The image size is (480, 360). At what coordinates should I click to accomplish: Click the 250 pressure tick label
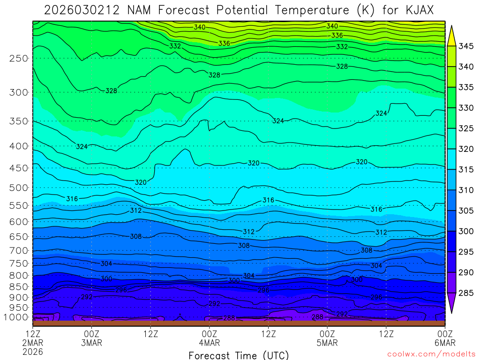[19, 59]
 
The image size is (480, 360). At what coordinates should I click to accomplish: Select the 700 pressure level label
[19, 250]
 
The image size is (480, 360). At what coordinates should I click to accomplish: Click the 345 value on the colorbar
[466, 46]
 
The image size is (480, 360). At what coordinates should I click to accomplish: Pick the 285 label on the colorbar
[466, 293]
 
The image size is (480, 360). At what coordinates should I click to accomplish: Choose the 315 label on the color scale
[466, 169]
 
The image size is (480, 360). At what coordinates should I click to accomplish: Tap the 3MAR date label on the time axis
[91, 343]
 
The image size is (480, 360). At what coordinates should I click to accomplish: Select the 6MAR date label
[445, 343]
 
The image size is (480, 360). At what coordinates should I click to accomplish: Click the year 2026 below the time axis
[32, 351]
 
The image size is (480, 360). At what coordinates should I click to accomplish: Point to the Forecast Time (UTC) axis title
[239, 355]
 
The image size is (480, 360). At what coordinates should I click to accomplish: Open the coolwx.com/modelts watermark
[432, 353]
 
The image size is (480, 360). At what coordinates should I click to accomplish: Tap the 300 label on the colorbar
[466, 231]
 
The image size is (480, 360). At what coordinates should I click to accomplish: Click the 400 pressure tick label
[19, 146]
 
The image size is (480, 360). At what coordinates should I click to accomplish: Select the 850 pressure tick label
[19, 286]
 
